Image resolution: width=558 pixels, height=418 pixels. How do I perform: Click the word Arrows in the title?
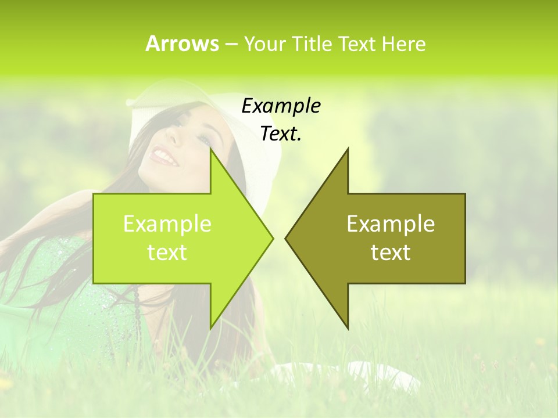pos(183,44)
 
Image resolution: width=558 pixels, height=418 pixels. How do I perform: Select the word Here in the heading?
pos(403,44)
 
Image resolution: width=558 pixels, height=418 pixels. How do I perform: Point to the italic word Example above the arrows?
pos(281,106)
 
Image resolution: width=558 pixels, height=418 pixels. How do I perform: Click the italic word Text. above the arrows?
pos(281,134)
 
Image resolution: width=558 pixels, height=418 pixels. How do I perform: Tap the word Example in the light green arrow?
pos(167,224)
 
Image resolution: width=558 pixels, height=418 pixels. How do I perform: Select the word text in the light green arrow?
pos(167,253)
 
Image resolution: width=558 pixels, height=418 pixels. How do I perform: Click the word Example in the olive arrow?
pos(391,224)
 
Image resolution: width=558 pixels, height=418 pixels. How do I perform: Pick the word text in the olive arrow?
pos(391,253)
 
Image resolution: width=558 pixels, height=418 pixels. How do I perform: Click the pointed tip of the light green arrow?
pos(273,238)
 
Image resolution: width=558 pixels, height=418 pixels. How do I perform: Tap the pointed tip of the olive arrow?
pos(285,238)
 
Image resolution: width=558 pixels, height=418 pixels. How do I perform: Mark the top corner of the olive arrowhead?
pos(348,149)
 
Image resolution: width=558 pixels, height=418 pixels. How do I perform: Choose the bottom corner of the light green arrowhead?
pos(210,329)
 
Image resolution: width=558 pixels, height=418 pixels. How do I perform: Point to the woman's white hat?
pos(256,134)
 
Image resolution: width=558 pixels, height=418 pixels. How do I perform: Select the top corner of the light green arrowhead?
pos(210,149)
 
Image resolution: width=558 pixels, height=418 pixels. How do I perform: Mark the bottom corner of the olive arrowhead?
pos(348,329)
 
